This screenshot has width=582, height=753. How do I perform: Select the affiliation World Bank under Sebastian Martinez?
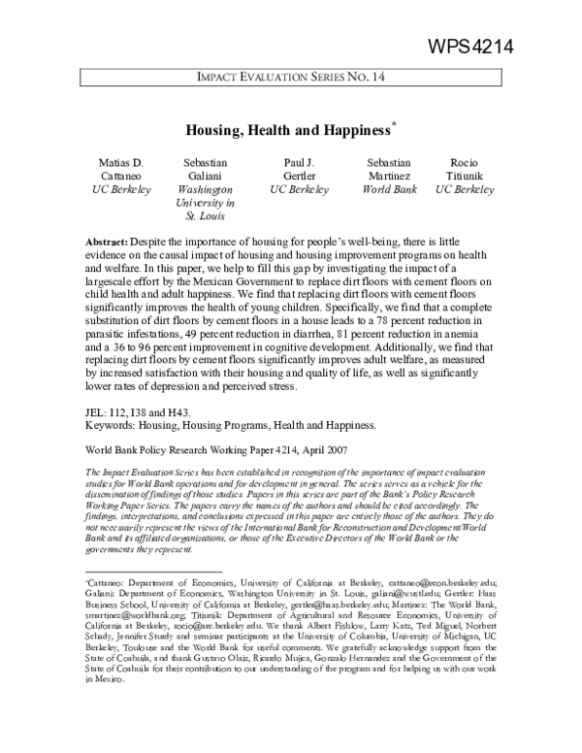coord(388,190)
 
